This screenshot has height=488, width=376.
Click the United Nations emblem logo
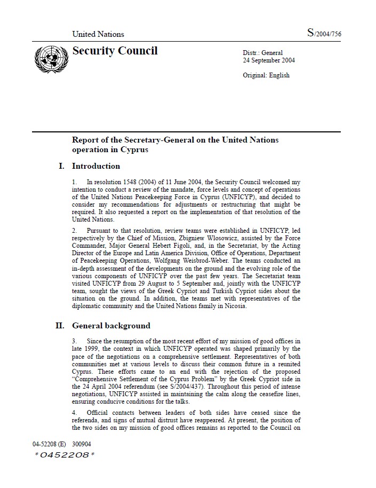click(x=49, y=58)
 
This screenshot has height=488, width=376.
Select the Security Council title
click(x=115, y=51)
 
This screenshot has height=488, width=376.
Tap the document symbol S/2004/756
click(x=324, y=34)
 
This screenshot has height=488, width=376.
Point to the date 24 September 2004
click(x=269, y=60)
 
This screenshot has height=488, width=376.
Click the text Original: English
click(x=266, y=75)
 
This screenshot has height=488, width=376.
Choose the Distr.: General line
click(x=263, y=53)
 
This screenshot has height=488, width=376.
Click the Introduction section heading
click(x=96, y=166)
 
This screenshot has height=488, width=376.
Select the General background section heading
click(x=111, y=326)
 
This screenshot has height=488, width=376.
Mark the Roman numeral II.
click(x=60, y=326)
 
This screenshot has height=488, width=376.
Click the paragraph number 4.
click(x=74, y=413)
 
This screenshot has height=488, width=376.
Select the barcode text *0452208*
click(x=64, y=455)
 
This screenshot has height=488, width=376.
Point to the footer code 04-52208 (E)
click(x=49, y=444)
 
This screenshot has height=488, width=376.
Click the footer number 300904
click(x=82, y=444)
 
